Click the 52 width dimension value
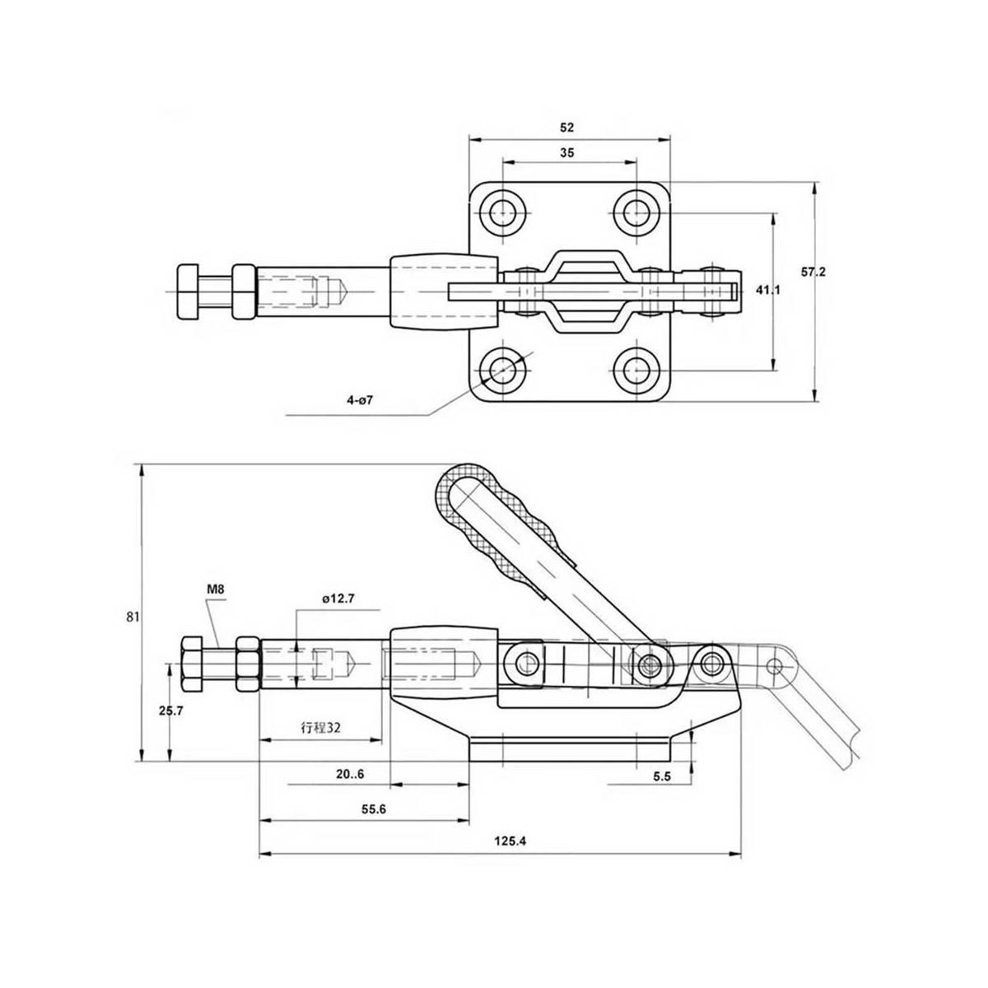click(x=567, y=128)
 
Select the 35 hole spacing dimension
click(x=567, y=152)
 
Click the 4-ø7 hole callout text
click(x=361, y=400)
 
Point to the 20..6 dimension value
click(x=350, y=774)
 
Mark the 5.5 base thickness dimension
click(x=661, y=776)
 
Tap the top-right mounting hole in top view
click(x=636, y=212)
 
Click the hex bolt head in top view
click(x=187, y=291)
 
